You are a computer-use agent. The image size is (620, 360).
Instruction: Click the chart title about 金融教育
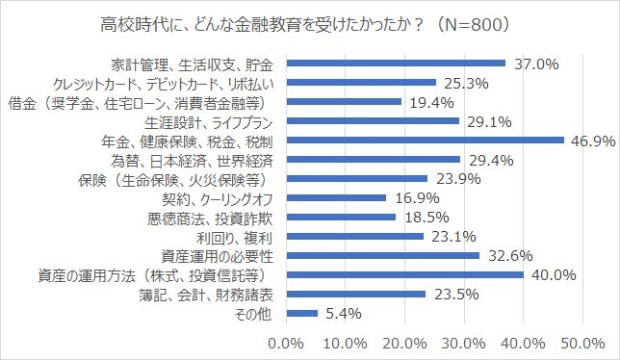coord(309,22)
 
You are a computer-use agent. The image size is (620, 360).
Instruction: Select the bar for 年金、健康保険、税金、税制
coord(425,141)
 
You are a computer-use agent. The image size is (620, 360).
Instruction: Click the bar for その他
coord(301,313)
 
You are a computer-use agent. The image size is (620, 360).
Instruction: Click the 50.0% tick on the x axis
coord(581,343)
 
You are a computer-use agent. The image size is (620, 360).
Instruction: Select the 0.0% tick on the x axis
coord(285,343)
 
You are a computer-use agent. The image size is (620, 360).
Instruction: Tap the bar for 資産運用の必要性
coord(382,255)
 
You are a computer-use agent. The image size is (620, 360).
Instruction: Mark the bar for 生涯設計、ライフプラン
coord(372,121)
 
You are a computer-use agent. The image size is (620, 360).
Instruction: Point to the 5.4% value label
coord(344,314)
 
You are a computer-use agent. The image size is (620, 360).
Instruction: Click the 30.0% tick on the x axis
coord(462,343)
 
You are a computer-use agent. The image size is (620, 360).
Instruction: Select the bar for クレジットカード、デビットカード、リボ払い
coord(361,83)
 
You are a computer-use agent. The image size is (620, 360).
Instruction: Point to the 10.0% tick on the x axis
coord(344,343)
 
